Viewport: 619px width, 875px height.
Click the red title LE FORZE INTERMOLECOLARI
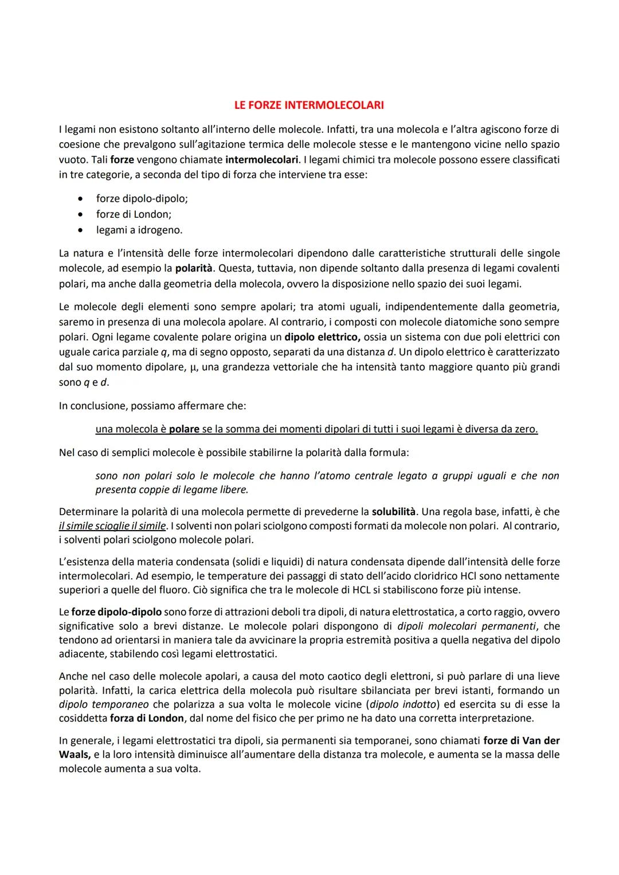click(309, 105)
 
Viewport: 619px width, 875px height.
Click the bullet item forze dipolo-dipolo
click(142, 199)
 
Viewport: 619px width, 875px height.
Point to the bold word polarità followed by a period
click(194, 268)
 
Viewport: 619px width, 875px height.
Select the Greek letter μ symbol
click(193, 367)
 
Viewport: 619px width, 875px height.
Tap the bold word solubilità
click(394, 511)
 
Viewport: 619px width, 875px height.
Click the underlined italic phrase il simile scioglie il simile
click(112, 525)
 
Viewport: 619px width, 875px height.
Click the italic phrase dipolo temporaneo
click(104, 704)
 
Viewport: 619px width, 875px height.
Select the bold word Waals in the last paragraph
click(74, 755)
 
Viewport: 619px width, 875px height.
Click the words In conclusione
click(93, 406)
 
